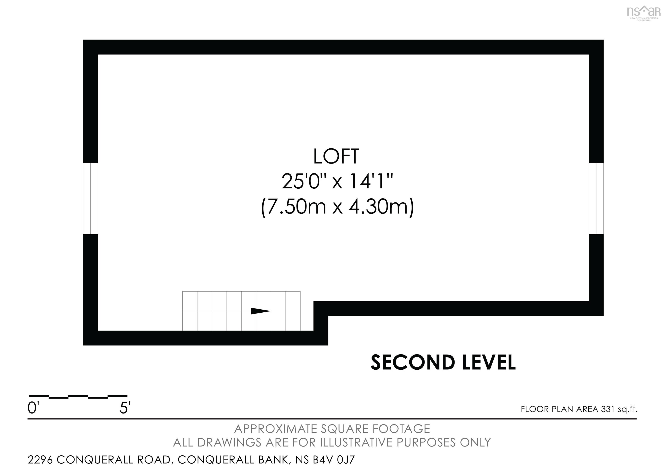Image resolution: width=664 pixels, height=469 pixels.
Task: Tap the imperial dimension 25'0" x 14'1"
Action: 337,181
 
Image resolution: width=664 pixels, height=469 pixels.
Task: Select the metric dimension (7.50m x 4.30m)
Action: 337,207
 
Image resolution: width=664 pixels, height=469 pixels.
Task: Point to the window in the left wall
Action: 91,199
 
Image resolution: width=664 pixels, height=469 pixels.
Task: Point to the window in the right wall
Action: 596,199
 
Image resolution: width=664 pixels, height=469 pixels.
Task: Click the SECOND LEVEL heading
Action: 443,363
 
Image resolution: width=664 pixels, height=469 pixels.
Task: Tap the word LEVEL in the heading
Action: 489,363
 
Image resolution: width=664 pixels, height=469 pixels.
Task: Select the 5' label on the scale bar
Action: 125,408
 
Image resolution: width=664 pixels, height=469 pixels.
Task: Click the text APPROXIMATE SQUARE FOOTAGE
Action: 332,429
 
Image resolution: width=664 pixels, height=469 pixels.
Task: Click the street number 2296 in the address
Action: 40,459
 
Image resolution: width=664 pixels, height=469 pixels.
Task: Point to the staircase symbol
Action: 241,311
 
